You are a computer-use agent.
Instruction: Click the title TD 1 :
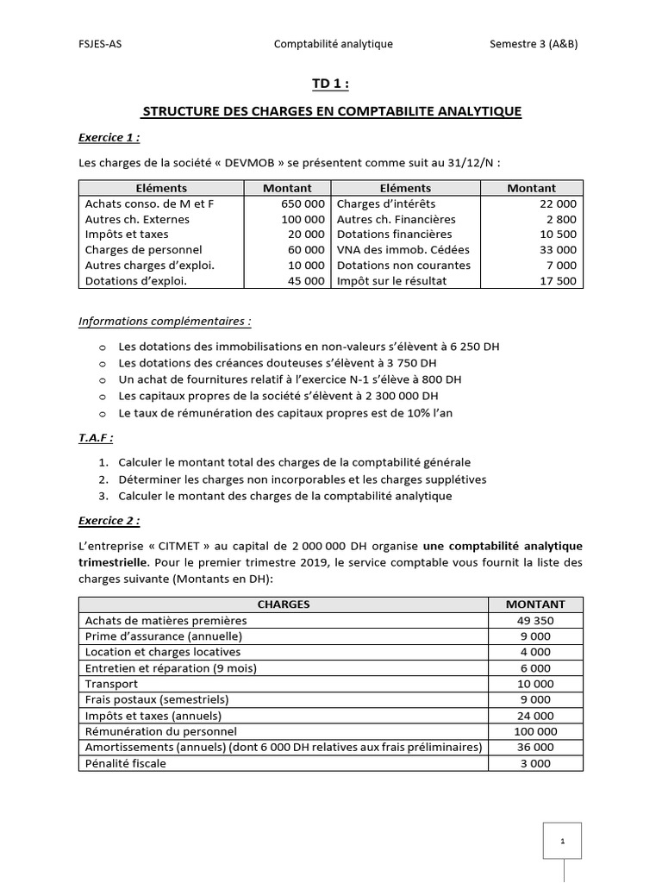[331, 84]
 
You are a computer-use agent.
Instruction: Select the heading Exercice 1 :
[109, 137]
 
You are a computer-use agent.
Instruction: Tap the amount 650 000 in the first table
[303, 204]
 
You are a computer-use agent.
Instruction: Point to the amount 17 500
[559, 281]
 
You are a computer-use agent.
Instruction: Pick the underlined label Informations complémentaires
[165, 322]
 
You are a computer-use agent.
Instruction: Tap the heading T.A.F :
[97, 437]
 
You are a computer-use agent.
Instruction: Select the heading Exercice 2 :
[109, 521]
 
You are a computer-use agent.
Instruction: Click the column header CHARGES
[283, 604]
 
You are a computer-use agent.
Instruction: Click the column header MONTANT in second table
[535, 604]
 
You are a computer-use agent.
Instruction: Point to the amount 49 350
[535, 621]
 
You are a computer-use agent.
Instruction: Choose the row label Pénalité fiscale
[126, 763]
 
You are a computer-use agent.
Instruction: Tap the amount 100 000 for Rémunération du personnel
[535, 731]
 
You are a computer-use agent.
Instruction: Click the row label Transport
[111, 684]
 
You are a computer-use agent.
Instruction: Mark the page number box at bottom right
[562, 840]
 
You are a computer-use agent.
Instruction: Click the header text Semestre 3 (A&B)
[534, 44]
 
